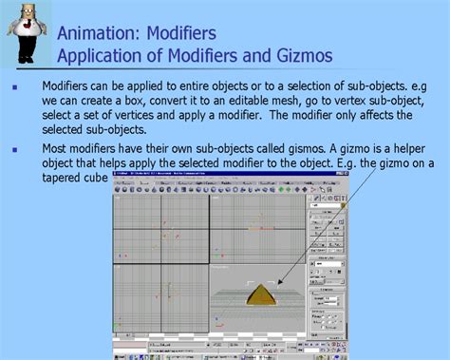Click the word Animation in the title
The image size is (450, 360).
click(98, 34)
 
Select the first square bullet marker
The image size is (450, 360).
click(14, 87)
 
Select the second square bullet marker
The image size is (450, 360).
click(14, 148)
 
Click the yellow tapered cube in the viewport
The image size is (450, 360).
click(263, 294)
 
